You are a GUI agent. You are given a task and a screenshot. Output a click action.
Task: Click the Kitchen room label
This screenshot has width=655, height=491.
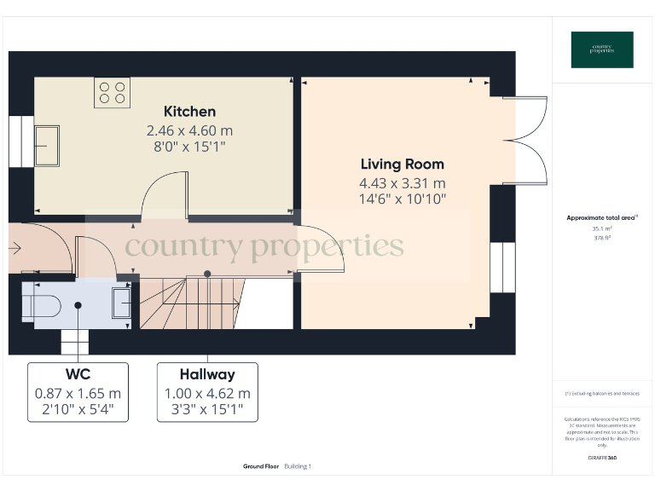tap(189, 112)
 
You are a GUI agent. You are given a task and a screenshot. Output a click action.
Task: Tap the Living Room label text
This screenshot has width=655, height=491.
tap(402, 164)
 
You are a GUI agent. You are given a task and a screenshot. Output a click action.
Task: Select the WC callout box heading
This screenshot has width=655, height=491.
tap(78, 374)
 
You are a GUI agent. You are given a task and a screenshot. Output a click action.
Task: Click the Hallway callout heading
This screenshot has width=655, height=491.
tap(207, 374)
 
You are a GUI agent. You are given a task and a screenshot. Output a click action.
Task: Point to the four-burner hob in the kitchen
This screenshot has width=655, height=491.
tap(112, 92)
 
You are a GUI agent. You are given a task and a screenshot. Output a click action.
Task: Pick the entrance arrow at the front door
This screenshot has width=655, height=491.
tap(14, 248)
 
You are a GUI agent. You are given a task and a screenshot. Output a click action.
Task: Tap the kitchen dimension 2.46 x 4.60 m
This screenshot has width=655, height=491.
tap(189, 131)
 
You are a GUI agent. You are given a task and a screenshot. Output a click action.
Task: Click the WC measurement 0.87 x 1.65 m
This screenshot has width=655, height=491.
tap(78, 394)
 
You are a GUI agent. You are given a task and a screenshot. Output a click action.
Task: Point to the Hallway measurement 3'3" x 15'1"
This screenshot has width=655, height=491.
tap(207, 410)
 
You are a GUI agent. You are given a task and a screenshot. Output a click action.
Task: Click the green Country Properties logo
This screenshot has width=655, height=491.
tap(601, 49)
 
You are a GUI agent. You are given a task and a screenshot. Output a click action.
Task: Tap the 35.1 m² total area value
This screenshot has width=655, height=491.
tap(601, 228)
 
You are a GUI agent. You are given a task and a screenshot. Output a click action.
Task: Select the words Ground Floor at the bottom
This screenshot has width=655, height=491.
tap(260, 466)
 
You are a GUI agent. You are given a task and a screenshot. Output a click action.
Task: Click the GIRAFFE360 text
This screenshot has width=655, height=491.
tap(601, 459)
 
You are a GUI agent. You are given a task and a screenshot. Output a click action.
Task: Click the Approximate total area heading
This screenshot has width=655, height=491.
tap(600, 218)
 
